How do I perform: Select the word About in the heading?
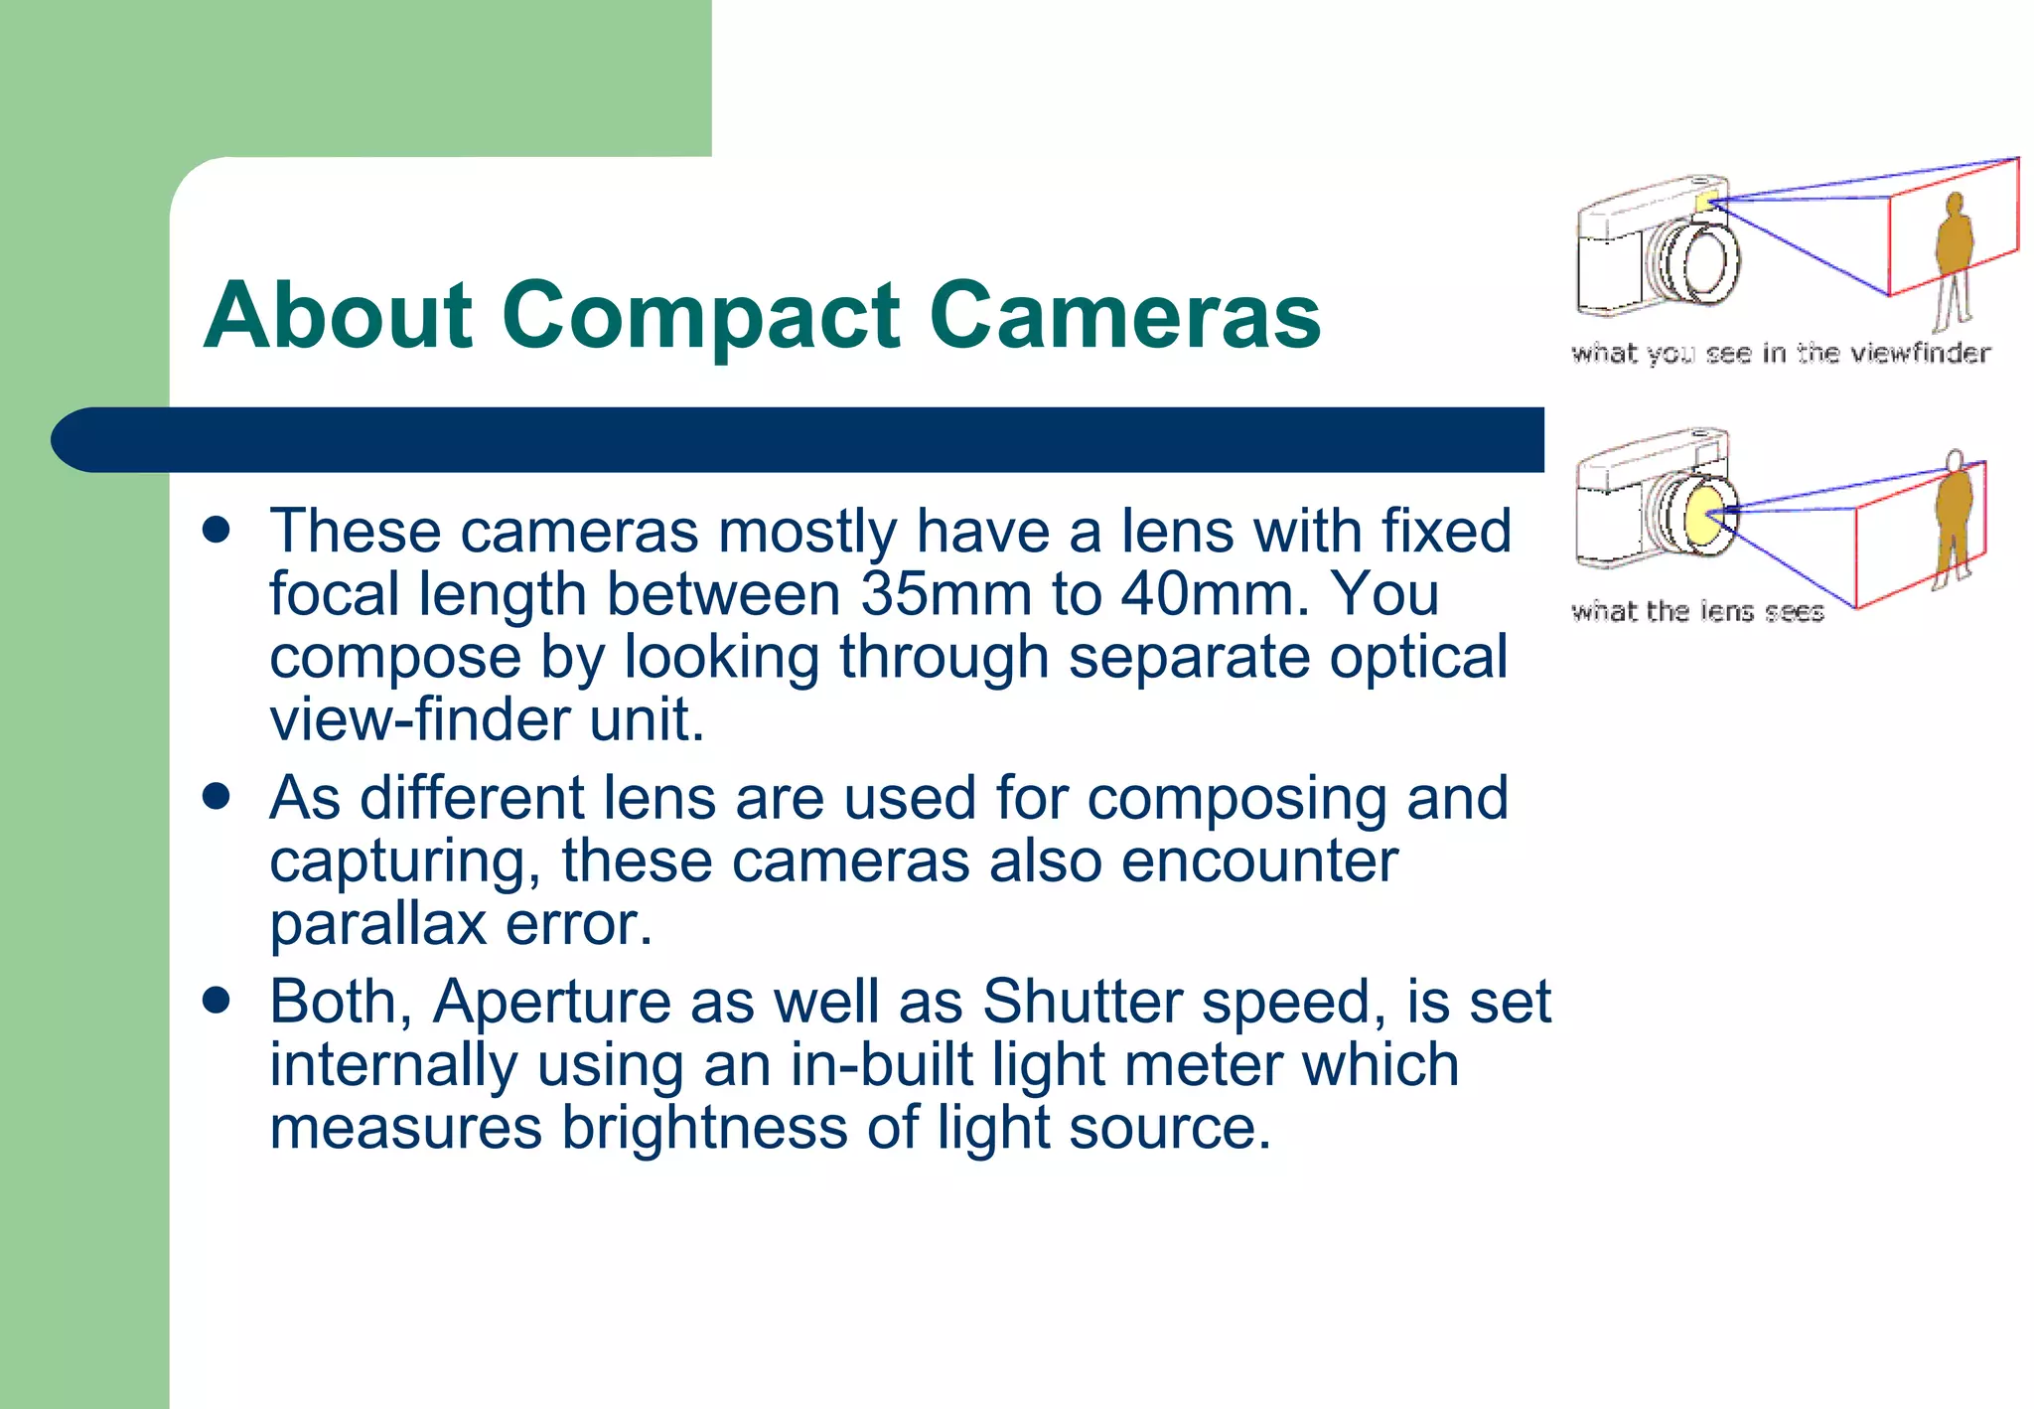[x=339, y=316]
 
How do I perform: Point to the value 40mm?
[x=1207, y=595]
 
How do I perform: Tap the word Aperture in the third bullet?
[x=551, y=1002]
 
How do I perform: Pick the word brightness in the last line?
[x=704, y=1129]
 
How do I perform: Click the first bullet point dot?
[x=216, y=530]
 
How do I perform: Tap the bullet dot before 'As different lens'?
[x=216, y=797]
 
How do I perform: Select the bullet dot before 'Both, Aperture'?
[x=216, y=1000]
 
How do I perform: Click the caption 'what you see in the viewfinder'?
[x=1780, y=354]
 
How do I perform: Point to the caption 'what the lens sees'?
[x=1697, y=611]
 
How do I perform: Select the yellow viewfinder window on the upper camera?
[x=1705, y=202]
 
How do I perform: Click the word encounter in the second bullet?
[x=1259, y=861]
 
